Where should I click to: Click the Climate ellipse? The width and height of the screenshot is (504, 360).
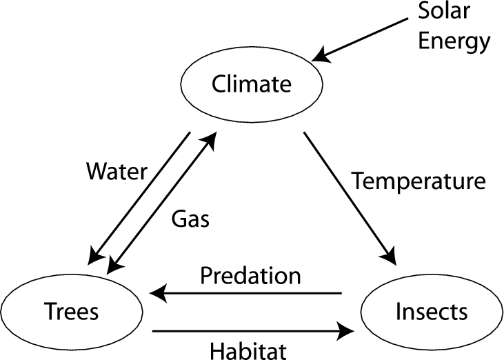(x=252, y=84)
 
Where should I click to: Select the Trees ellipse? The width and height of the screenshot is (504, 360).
(x=72, y=311)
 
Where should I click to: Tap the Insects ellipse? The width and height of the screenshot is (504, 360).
(x=431, y=311)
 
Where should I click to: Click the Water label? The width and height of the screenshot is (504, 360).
(x=117, y=171)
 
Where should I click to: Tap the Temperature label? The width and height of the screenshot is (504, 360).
(x=419, y=182)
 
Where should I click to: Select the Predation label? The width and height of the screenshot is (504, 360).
(x=250, y=276)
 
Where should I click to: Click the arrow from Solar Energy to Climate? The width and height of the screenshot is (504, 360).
(x=366, y=38)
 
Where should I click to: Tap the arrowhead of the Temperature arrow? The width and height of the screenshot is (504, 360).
(x=390, y=256)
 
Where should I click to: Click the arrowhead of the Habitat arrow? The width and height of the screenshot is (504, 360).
(x=342, y=332)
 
